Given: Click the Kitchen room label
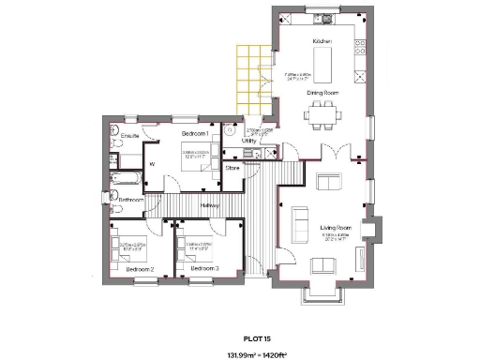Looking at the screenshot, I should pyautogui.click(x=322, y=43).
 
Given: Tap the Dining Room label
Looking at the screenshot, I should pyautogui.click(x=322, y=94).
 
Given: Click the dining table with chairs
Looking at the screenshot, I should pyautogui.click(x=322, y=116).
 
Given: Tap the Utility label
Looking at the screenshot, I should pyautogui.click(x=249, y=141).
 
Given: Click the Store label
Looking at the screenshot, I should pyautogui.click(x=233, y=168).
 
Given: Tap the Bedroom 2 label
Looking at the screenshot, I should pyautogui.click(x=140, y=269).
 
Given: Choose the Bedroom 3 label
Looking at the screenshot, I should pyautogui.click(x=204, y=269).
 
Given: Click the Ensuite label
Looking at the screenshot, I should pyautogui.click(x=130, y=137).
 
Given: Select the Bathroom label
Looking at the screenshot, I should pyautogui.click(x=131, y=200).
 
